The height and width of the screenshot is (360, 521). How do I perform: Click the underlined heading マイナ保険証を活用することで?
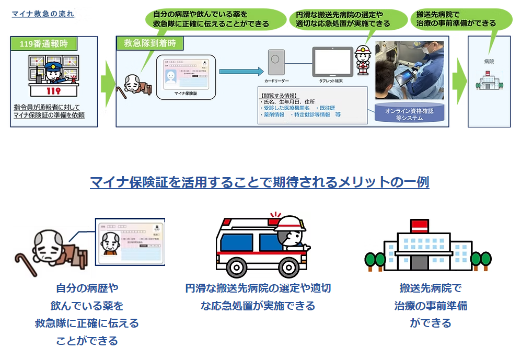(260, 182)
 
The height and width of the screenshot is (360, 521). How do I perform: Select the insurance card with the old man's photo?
(131, 241)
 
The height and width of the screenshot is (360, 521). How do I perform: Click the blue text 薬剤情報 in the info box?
(272, 114)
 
